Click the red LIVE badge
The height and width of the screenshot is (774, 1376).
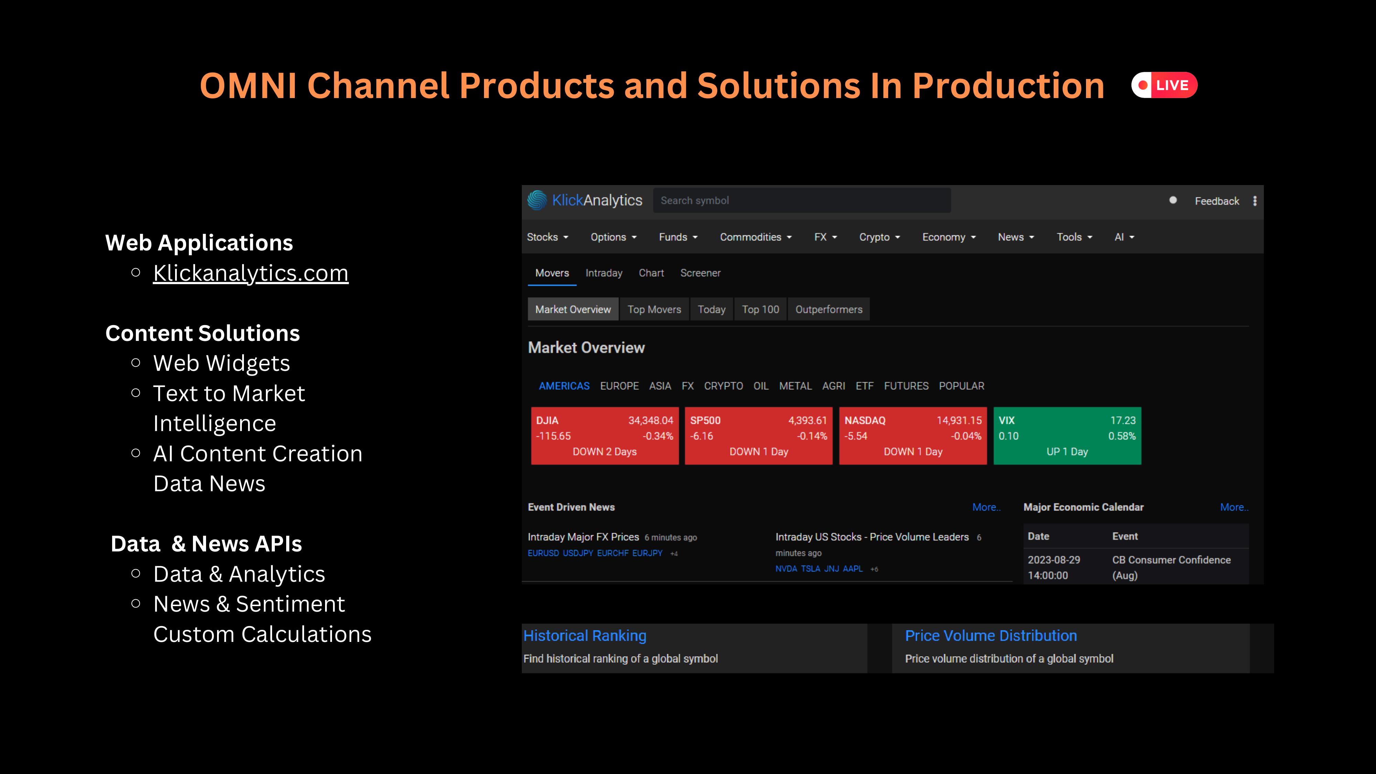(x=1164, y=85)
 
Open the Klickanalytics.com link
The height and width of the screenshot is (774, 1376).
(x=250, y=273)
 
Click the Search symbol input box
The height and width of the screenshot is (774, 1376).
(x=801, y=200)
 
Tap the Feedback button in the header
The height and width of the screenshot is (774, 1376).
(x=1217, y=201)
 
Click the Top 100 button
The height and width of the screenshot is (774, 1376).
(x=760, y=309)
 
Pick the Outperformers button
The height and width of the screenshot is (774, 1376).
(x=828, y=309)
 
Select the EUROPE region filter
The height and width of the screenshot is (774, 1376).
(x=619, y=386)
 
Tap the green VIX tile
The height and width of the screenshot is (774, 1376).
(x=1067, y=436)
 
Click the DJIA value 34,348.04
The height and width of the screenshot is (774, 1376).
(x=651, y=420)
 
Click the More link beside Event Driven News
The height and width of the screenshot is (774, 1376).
(x=986, y=507)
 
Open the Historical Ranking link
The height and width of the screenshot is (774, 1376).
(x=585, y=636)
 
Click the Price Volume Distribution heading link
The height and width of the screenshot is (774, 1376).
(x=991, y=636)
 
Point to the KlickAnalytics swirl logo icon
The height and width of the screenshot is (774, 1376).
(x=537, y=200)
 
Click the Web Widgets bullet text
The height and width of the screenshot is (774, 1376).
(x=222, y=363)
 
